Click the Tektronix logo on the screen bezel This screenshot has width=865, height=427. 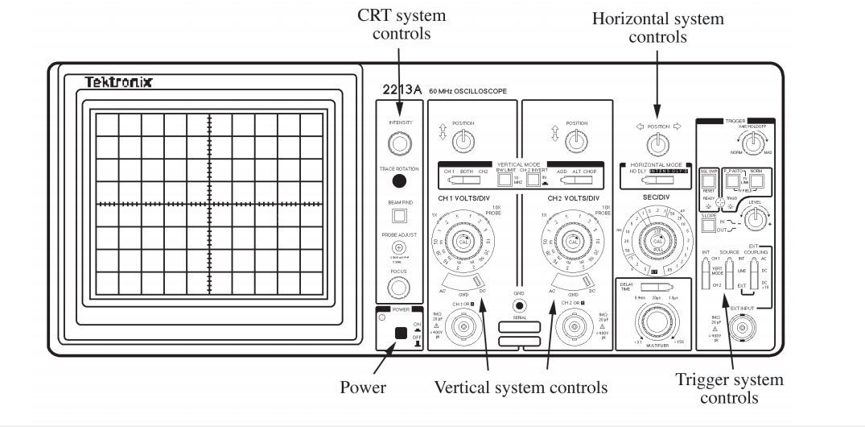point(119,84)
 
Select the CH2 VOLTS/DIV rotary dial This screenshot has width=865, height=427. point(573,242)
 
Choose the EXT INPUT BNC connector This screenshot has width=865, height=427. point(739,329)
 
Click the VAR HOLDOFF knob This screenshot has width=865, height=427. point(754,143)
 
